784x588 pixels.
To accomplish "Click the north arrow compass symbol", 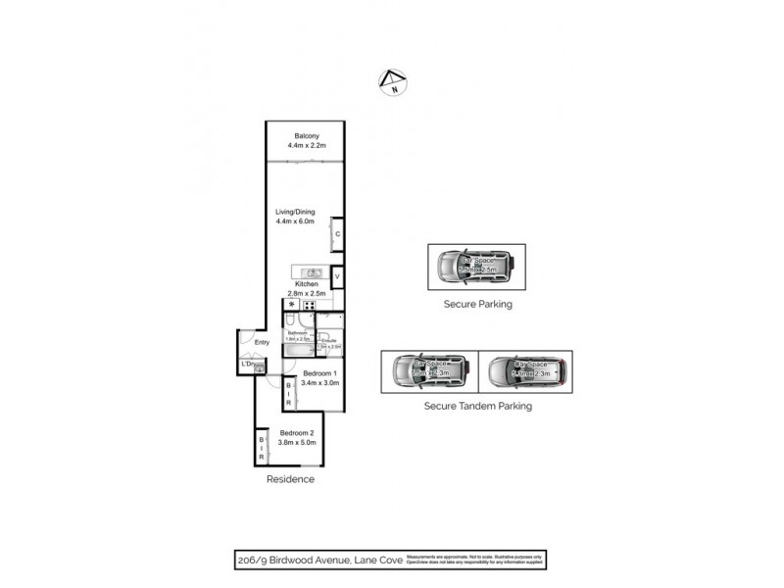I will (x=392, y=83).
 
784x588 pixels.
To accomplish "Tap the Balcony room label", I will (x=306, y=136).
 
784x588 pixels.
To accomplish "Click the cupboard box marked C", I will (x=337, y=234).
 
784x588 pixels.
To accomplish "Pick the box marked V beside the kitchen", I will (x=337, y=277).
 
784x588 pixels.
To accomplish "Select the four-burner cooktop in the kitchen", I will (x=310, y=305).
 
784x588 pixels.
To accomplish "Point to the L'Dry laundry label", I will (x=248, y=366).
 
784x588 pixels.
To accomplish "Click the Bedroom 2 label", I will (x=297, y=433).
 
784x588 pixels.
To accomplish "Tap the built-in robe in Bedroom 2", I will (x=262, y=448).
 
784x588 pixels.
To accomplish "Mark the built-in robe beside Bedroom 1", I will (x=288, y=394).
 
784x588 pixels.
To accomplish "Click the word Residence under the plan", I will (x=291, y=479).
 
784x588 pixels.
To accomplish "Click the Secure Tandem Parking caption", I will (x=477, y=405).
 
